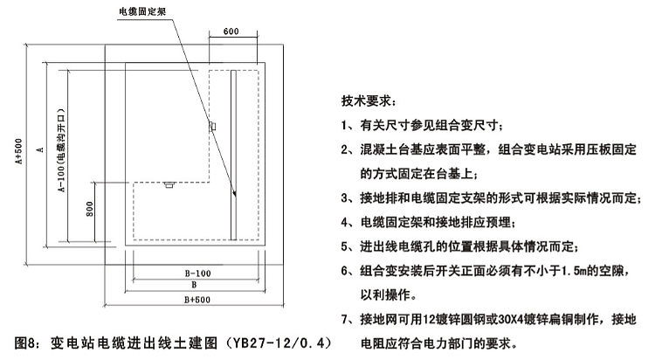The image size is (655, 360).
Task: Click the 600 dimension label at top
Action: pyautogui.click(x=231, y=31)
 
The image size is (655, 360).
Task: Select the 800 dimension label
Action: pyautogui.click(x=90, y=209)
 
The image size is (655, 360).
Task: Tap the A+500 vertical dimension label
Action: pyautogui.click(x=19, y=151)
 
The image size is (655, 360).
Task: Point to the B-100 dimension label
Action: pyautogui.click(x=197, y=273)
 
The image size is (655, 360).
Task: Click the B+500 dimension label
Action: pyautogui.click(x=197, y=300)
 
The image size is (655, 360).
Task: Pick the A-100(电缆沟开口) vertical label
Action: pyautogui.click(x=61, y=150)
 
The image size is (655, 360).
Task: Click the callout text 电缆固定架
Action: pyautogui.click(x=143, y=11)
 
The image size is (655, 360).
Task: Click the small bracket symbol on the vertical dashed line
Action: pyautogui.click(x=212, y=126)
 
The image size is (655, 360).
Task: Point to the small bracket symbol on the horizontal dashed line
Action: pyautogui.click(x=169, y=184)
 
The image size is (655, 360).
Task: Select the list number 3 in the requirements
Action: pyautogui.click(x=344, y=198)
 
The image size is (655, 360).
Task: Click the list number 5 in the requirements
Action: pyautogui.click(x=344, y=246)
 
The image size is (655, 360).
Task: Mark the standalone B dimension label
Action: pyautogui.click(x=194, y=285)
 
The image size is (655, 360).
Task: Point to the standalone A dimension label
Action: pyautogui.click(x=40, y=149)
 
